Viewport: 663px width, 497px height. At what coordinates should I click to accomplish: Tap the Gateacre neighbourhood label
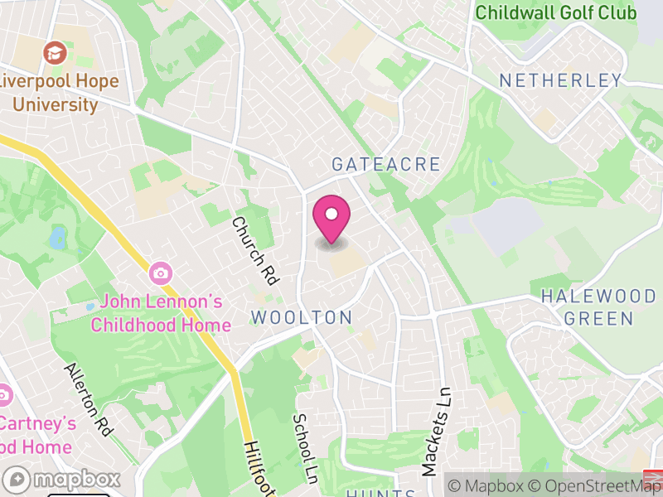coord(386,164)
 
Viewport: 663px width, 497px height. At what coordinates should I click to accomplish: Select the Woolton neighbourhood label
coord(302,317)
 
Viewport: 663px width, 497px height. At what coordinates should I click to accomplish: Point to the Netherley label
coord(560,80)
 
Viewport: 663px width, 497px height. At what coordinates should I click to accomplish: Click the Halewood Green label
coord(587,307)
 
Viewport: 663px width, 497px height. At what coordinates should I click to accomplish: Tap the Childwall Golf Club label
coord(555,12)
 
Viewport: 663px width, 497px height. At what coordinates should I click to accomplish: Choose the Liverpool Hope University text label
coord(60,94)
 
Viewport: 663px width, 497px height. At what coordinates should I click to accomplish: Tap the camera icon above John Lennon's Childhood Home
coord(159,272)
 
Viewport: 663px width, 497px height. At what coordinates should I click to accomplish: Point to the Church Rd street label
coord(254,250)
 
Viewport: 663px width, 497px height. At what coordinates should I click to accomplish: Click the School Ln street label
coord(306,448)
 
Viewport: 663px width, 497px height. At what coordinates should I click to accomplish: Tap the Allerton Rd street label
coord(87,398)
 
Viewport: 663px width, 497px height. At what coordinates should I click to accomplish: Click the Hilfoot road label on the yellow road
coord(259,469)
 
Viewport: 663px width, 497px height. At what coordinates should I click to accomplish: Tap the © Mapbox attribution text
coord(484,485)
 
